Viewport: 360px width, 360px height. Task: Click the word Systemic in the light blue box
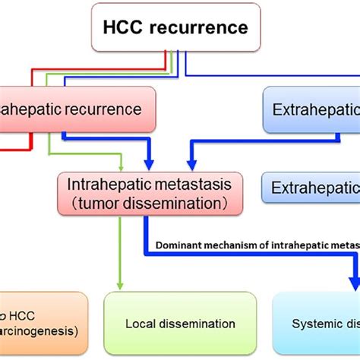(x=317, y=324)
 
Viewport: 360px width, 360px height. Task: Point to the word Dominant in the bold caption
(x=180, y=245)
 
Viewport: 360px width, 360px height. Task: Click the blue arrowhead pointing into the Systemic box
(x=354, y=283)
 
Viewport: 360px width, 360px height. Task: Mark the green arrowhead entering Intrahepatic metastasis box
(x=119, y=168)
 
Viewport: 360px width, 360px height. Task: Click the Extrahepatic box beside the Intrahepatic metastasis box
(x=311, y=186)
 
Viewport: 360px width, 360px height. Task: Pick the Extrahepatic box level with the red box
(x=311, y=109)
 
